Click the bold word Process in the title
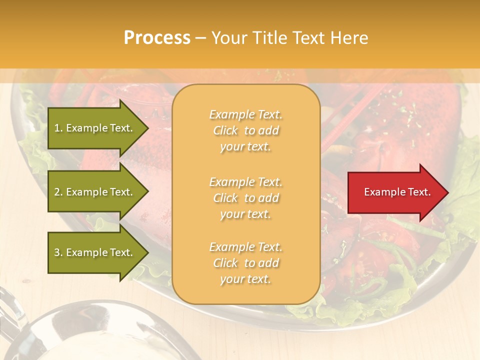(x=157, y=38)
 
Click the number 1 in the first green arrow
(x=57, y=128)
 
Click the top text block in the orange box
(x=245, y=130)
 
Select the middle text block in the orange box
(x=245, y=198)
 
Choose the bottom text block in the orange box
(x=245, y=263)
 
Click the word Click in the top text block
(x=225, y=130)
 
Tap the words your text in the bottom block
(x=245, y=279)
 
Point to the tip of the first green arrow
(x=147, y=128)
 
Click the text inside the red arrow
(x=397, y=192)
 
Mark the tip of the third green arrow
(x=147, y=253)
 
